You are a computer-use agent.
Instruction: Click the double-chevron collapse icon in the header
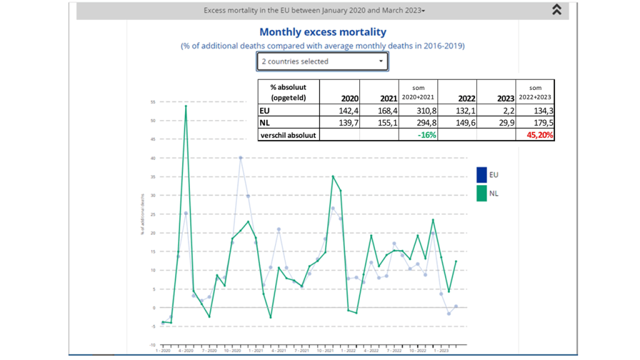tap(556, 9)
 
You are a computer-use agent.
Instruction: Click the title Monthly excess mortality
tap(322, 32)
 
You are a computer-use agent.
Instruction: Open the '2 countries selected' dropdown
tap(322, 61)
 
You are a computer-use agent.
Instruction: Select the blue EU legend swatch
tap(481, 175)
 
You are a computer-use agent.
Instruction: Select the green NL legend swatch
tap(481, 194)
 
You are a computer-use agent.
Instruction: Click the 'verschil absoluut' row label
tap(288, 135)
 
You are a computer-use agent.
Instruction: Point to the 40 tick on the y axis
tap(153, 158)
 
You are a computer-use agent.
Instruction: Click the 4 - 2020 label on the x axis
tap(186, 351)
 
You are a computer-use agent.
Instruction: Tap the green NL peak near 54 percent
tap(186, 106)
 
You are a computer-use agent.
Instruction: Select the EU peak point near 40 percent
tap(241, 157)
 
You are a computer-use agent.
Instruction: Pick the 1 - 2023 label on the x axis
tap(441, 351)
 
